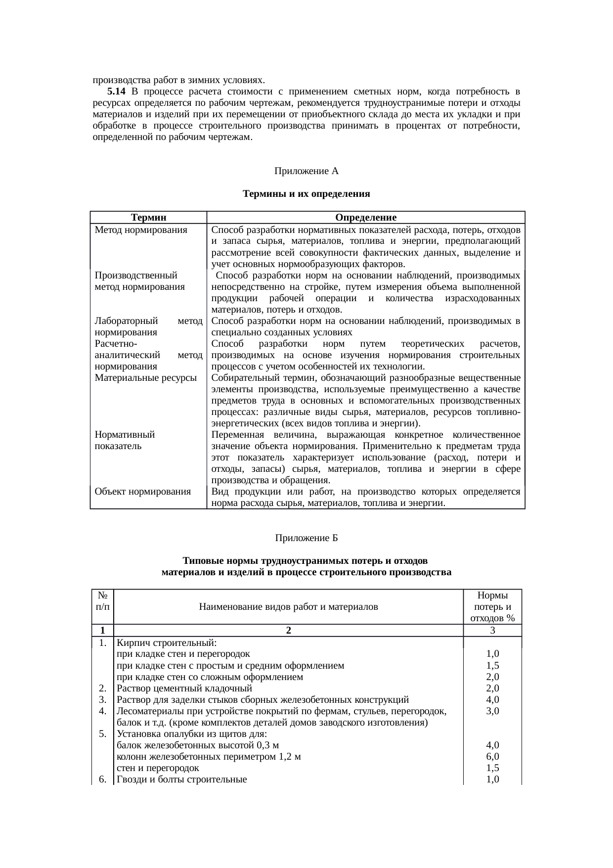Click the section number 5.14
pyautogui.click(x=117, y=91)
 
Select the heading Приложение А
pyautogui.click(x=306, y=171)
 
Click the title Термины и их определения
pyautogui.click(x=306, y=194)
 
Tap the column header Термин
pyautogui.click(x=148, y=218)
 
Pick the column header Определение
pyautogui.click(x=366, y=218)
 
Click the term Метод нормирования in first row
pyautogui.click(x=141, y=230)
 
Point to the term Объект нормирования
pyautogui.click(x=143, y=492)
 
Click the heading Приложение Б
pyautogui.click(x=306, y=538)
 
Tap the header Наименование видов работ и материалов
pyautogui.click(x=288, y=606)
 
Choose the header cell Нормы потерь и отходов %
pyautogui.click(x=492, y=607)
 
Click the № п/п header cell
pyautogui.click(x=103, y=601)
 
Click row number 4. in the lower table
pyautogui.click(x=103, y=711)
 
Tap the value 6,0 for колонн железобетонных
pyautogui.click(x=492, y=757)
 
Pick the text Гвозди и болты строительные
pyautogui.click(x=181, y=779)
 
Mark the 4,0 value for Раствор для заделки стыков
pyautogui.click(x=492, y=700)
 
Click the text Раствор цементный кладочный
pyautogui.click(x=184, y=688)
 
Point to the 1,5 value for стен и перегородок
pyautogui.click(x=492, y=768)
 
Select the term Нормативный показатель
pyautogui.click(x=125, y=440)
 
